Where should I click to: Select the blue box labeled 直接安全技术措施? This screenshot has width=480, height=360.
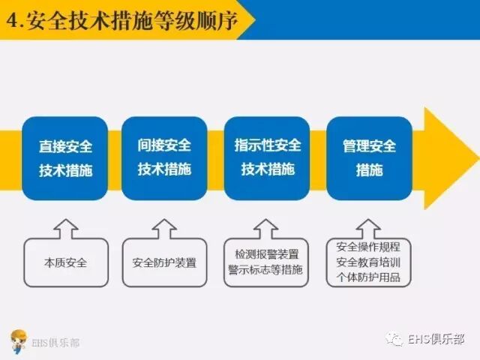66,157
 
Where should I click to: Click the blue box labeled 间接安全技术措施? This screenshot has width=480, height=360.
164,157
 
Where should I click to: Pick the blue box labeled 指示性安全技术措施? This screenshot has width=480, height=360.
267,157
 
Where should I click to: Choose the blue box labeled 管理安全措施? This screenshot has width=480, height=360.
369,157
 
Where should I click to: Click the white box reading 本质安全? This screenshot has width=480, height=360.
66,263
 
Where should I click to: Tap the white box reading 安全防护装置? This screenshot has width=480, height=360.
164,263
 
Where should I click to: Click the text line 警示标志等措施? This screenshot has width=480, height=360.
266,270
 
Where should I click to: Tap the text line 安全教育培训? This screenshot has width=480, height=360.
368,262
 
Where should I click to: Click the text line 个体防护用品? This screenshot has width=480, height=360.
368,277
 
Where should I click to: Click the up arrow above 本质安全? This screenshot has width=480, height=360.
66,228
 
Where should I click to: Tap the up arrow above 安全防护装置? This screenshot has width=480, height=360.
164,228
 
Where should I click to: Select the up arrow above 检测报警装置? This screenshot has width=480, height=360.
266,228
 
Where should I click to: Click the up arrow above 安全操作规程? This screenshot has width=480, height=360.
368,228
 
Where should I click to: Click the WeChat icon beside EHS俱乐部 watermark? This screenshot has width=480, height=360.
395,340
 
